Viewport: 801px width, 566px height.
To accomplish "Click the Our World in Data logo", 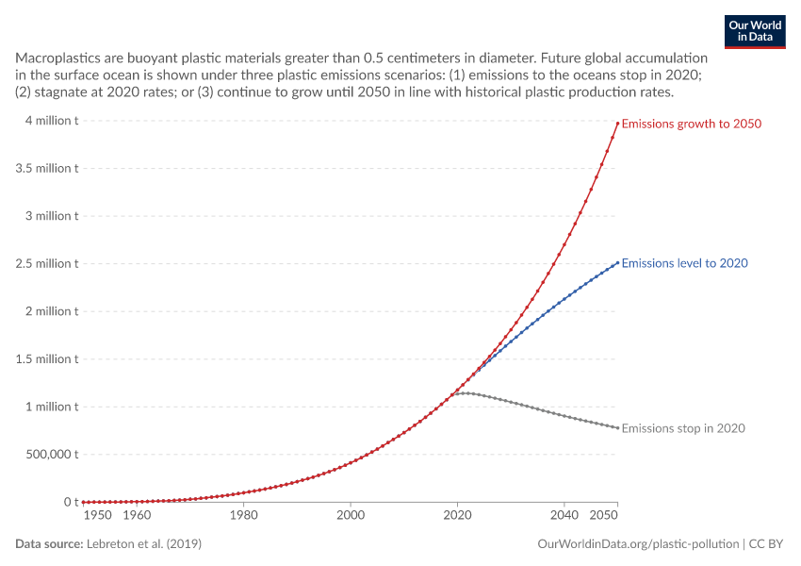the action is click(755, 32).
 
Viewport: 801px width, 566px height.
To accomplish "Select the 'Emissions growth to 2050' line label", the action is click(691, 124).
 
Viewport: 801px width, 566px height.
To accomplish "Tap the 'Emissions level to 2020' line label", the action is click(684, 263).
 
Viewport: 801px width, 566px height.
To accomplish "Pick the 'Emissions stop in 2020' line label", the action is click(683, 428).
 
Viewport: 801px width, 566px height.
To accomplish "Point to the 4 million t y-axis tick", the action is click(52, 121).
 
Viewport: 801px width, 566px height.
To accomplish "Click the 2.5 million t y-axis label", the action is click(47, 264).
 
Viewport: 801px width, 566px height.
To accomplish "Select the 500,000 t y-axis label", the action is click(52, 455).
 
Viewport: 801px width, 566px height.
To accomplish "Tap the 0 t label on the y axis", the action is click(71, 502).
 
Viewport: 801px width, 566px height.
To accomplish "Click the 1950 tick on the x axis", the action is click(98, 515).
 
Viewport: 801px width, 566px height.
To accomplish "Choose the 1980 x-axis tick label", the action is click(244, 515).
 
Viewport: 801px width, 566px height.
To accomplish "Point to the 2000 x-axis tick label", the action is click(351, 515).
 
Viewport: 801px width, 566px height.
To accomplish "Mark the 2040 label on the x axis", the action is click(564, 515).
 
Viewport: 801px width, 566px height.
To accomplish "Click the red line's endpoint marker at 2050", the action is click(617, 124).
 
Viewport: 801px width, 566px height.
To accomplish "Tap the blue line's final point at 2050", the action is click(617, 263).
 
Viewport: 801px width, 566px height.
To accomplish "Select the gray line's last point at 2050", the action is click(617, 428).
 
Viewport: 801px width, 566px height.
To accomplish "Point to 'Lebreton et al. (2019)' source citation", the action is click(144, 544).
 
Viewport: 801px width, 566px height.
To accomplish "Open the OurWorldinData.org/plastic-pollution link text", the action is click(638, 544).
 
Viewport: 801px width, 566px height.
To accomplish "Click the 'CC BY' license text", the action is click(766, 544).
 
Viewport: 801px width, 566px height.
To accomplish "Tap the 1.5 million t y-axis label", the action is click(47, 359).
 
